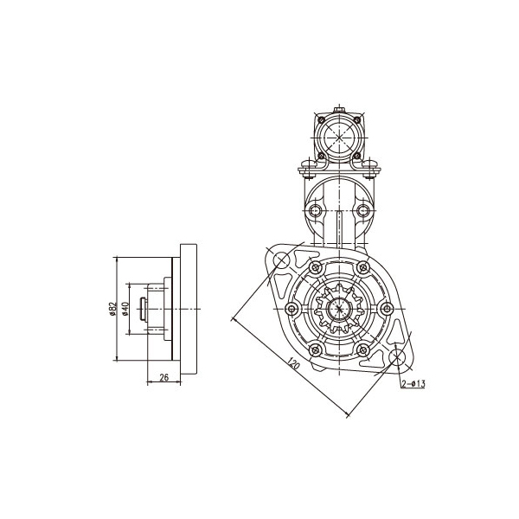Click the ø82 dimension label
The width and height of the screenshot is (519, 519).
pyautogui.click(x=113, y=308)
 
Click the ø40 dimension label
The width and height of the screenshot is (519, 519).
pyautogui.click(x=125, y=308)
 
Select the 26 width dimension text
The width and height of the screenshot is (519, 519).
pyautogui.click(x=163, y=377)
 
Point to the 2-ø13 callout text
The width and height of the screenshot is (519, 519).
pyautogui.click(x=413, y=383)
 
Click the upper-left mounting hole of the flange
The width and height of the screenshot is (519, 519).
pyautogui.click(x=281, y=260)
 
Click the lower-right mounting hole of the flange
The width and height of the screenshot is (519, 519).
pyautogui.click(x=397, y=357)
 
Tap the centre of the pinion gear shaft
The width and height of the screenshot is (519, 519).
pyautogui.click(x=339, y=309)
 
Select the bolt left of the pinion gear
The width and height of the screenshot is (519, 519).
pyautogui.click(x=292, y=309)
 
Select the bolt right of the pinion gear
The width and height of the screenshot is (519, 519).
pyautogui.click(x=387, y=309)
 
